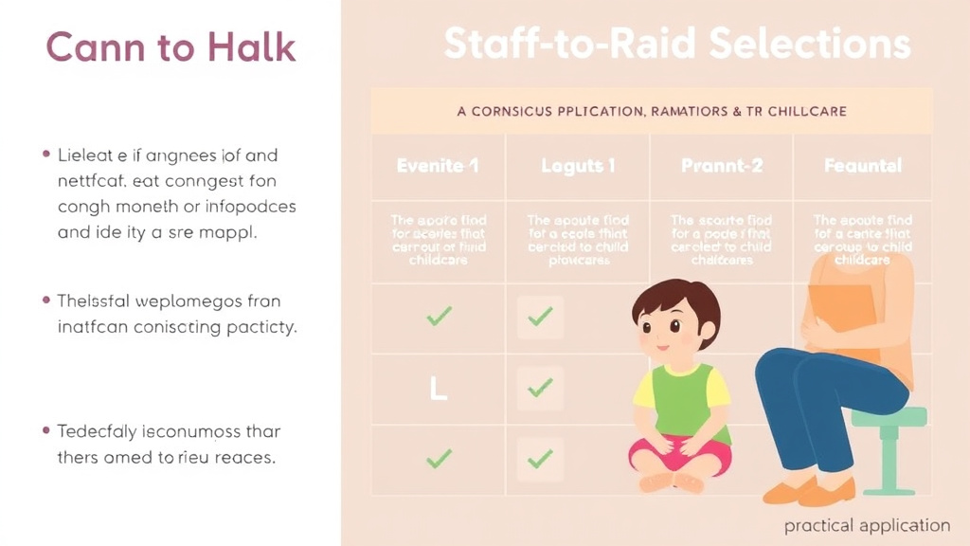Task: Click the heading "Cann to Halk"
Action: point(171,47)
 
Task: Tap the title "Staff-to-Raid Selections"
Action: point(676,45)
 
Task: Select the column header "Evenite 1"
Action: point(438,166)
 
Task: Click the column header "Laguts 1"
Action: point(578,166)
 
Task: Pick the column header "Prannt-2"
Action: point(722,166)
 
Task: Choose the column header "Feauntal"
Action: point(862,166)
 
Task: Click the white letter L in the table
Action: point(438,388)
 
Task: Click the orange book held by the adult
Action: point(841,313)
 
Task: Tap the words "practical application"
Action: point(867,525)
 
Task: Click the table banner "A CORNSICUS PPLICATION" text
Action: point(652,111)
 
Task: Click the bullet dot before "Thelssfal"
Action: point(45,301)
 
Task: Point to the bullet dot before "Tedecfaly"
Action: point(45,431)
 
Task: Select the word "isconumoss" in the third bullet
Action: point(189,431)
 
